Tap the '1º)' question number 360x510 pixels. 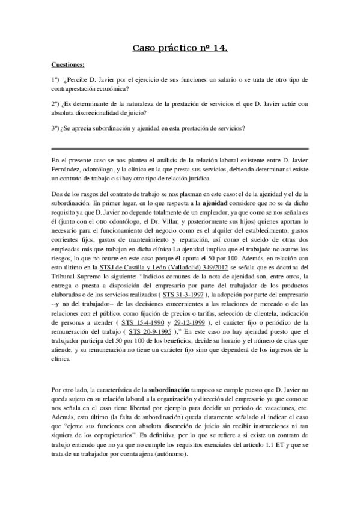pos(56,79)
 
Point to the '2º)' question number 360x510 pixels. pos(56,103)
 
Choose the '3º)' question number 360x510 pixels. pos(56,127)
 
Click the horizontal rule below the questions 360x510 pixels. pos(180,149)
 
